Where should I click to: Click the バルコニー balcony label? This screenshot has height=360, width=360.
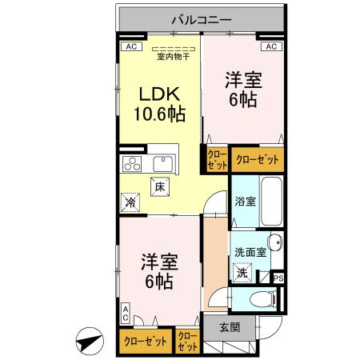(x=201, y=18)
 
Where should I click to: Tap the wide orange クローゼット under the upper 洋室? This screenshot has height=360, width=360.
(x=258, y=160)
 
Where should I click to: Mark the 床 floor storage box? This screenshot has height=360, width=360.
(x=159, y=187)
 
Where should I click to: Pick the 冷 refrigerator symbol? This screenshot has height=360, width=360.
(x=130, y=203)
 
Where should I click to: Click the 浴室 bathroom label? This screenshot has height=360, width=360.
(x=245, y=202)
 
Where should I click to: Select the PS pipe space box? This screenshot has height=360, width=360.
(x=278, y=278)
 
